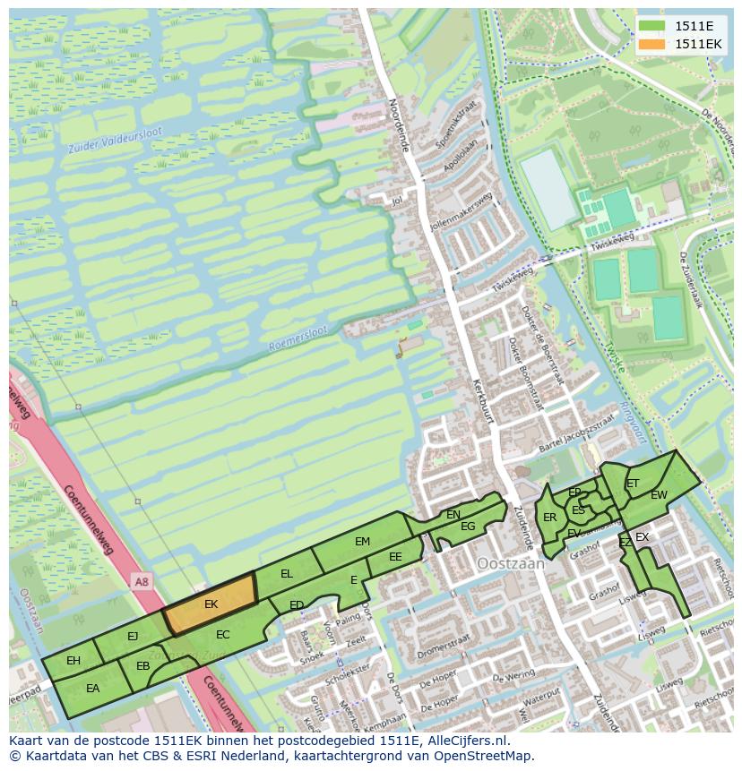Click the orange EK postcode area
pyautogui.click(x=211, y=604)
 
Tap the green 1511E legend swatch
pyautogui.click(x=652, y=26)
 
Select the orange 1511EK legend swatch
pyautogui.click(x=652, y=44)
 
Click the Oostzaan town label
pyautogui.click(x=508, y=564)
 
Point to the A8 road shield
pyautogui.click(x=142, y=582)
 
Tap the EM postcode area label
pyautogui.click(x=362, y=542)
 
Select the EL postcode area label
pyautogui.click(x=287, y=573)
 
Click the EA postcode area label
pyautogui.click(x=92, y=689)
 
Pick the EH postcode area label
pyautogui.click(x=73, y=661)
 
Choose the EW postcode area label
pyautogui.click(x=659, y=495)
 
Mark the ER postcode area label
pyautogui.click(x=550, y=518)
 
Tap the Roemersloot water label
pyautogui.click(x=298, y=338)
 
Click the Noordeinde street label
pyautogui.click(x=398, y=124)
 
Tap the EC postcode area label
pyautogui.click(x=223, y=635)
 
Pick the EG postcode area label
pyautogui.click(x=468, y=527)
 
